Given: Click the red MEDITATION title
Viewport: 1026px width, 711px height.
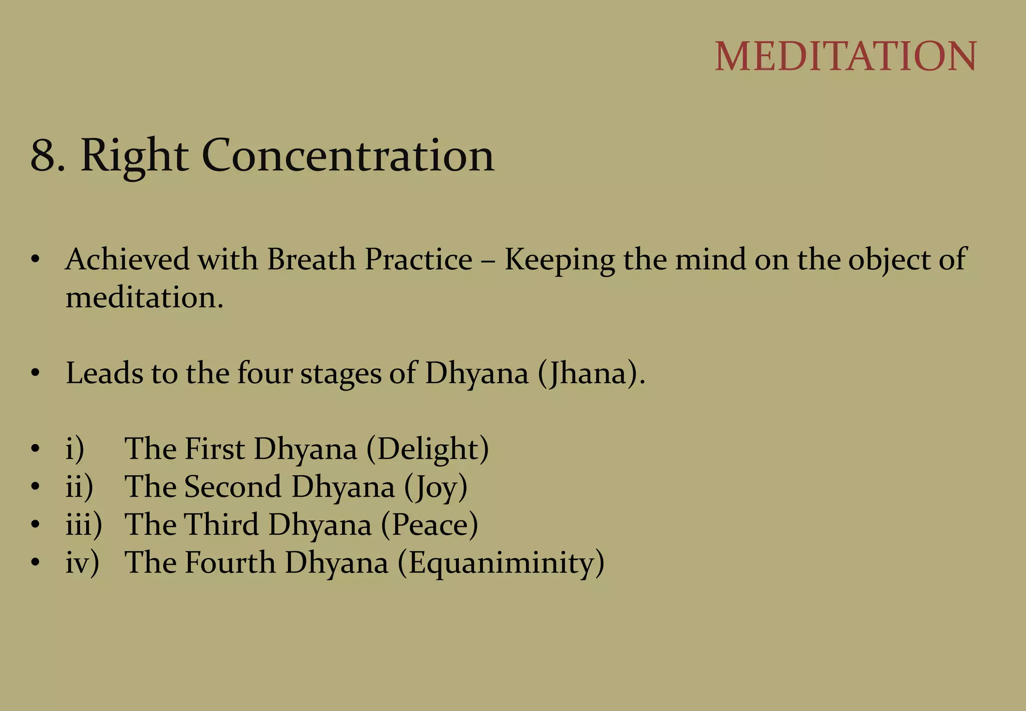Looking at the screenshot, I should [x=845, y=56].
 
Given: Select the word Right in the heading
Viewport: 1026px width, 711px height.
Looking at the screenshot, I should [x=134, y=156].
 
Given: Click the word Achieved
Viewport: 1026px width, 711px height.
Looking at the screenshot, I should [x=127, y=260].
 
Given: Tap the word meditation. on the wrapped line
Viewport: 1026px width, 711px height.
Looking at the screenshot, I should [x=144, y=298].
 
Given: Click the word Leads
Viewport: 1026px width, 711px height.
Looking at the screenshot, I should [x=104, y=374].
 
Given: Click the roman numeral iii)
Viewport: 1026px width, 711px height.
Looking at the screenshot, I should [x=84, y=525].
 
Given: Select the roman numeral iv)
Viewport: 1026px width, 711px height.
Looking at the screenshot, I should [x=82, y=563].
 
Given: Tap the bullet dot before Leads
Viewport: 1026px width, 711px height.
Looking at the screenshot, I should [x=35, y=374].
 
